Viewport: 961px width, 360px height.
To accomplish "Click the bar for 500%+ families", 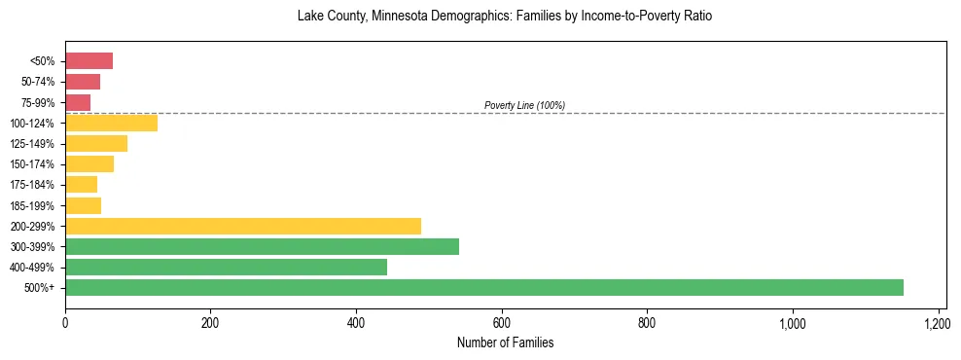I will [483, 287].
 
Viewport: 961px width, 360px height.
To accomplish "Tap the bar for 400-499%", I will [226, 267].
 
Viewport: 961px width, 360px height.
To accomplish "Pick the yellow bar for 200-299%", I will [243, 226].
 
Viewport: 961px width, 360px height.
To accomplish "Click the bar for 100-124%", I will [111, 124].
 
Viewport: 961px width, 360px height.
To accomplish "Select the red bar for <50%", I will [89, 61].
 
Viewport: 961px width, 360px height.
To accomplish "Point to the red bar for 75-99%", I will [78, 102].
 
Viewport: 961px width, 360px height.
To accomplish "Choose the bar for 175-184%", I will [81, 185].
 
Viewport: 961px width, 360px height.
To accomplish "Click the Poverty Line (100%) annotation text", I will [524, 105].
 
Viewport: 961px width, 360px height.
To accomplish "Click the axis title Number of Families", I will [505, 342].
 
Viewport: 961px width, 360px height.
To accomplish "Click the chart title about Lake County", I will [505, 17].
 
